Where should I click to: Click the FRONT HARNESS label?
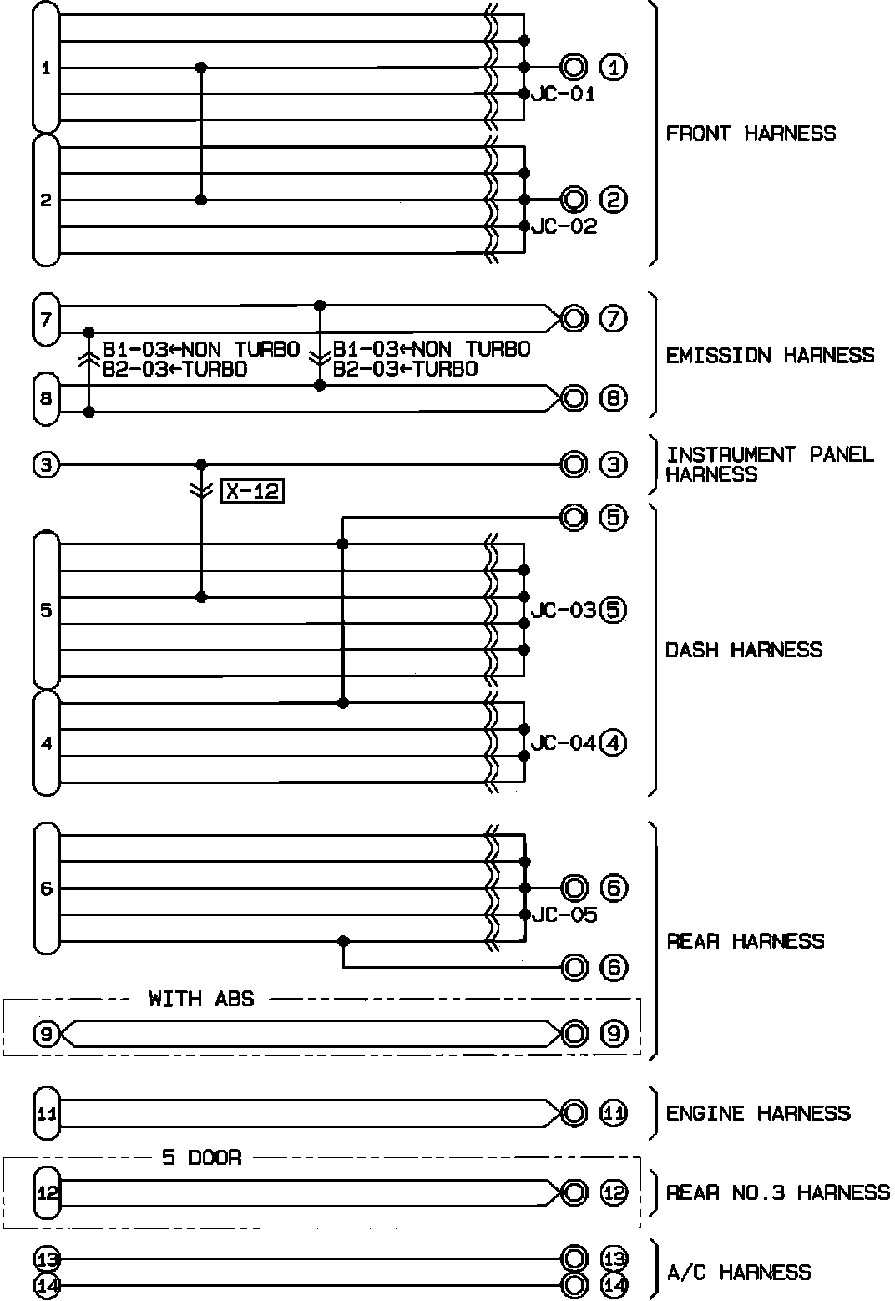[750, 134]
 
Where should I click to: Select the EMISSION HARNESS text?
[769, 356]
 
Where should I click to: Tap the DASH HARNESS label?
[743, 650]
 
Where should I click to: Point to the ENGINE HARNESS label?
[757, 1113]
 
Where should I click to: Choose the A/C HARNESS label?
[739, 1273]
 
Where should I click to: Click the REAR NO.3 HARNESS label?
[777, 1192]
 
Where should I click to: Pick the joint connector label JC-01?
[564, 94]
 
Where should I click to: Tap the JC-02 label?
[564, 227]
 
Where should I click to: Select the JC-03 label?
[564, 610]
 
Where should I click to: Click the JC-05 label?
[564, 915]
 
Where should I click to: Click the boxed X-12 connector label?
[252, 492]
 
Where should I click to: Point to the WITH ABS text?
[201, 999]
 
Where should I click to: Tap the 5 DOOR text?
[201, 1158]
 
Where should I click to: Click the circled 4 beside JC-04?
[613, 742]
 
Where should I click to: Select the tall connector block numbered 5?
[46, 610]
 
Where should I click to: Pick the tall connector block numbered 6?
[46, 888]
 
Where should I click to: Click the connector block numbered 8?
[46, 398]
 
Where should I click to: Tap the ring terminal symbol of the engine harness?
[574, 1113]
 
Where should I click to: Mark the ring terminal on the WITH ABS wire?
[574, 1034]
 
